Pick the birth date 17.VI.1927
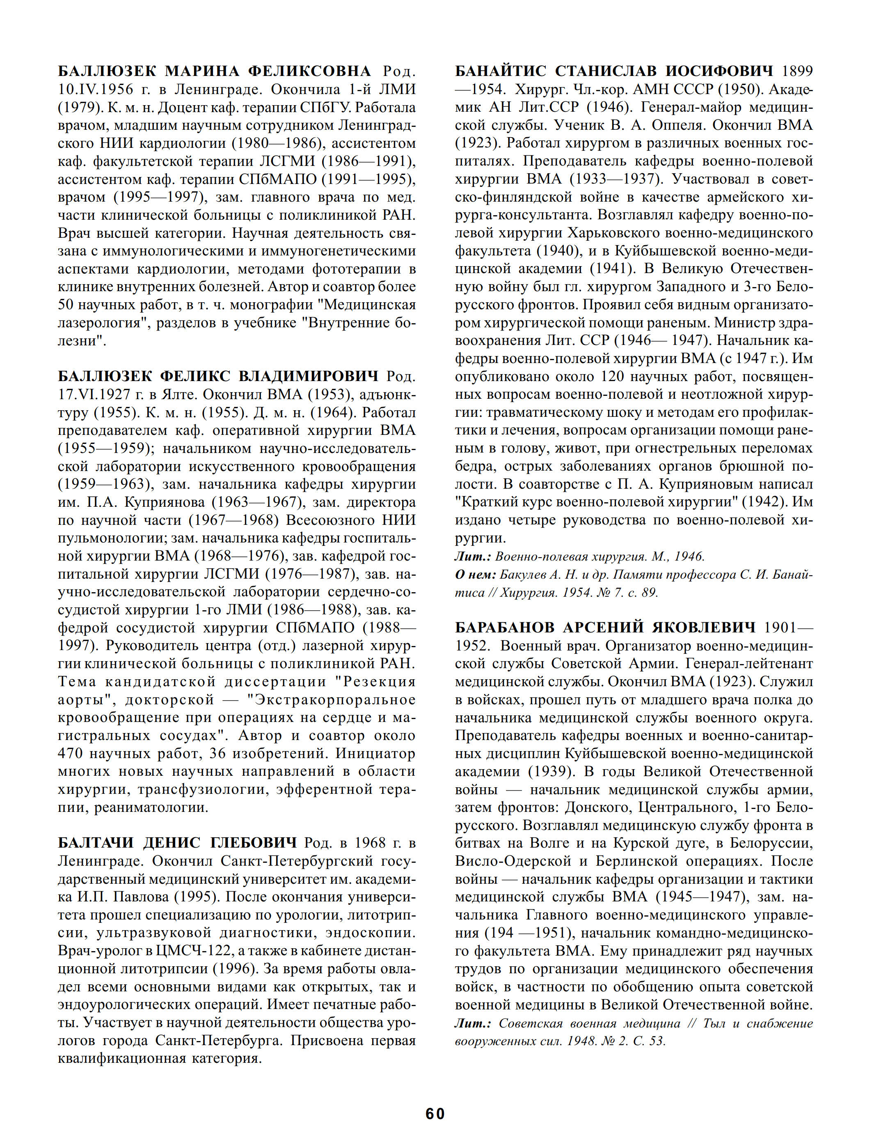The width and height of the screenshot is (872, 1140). coord(96,394)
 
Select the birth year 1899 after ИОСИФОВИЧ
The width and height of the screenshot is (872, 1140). coord(797,71)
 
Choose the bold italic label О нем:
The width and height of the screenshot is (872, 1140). coord(474,575)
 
